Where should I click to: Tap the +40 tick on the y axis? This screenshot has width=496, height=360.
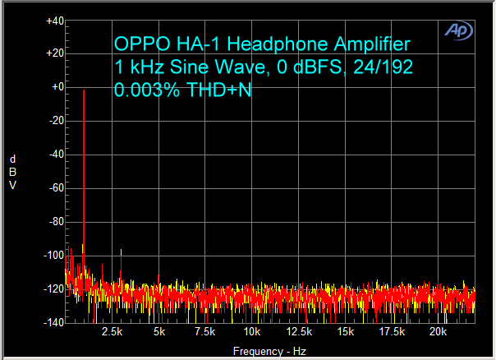(54, 21)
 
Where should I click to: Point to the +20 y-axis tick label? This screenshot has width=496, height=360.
(54, 53)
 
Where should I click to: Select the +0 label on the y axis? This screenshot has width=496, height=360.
(56, 87)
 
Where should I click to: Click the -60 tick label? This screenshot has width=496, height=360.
(56, 188)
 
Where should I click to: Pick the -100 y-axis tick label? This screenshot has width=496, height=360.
(53, 256)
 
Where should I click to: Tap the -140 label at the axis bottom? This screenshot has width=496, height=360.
(53, 323)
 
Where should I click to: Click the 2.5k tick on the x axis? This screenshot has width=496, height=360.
(112, 332)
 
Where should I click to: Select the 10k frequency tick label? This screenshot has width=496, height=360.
(252, 332)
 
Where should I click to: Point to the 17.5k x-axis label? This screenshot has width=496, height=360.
(392, 332)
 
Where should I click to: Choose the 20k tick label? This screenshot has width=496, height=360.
(439, 332)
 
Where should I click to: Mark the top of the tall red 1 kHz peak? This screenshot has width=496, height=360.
(84, 91)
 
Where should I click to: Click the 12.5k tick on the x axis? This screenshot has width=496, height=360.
(299, 332)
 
